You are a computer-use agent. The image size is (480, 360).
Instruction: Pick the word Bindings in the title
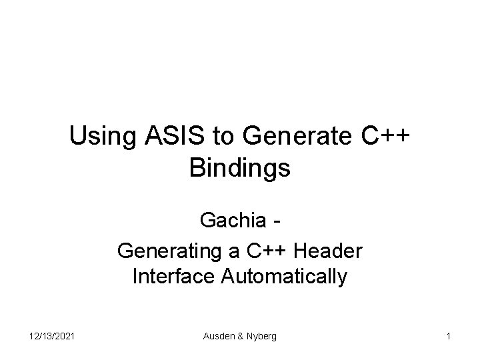240,168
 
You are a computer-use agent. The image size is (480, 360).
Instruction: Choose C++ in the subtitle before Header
267,251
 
